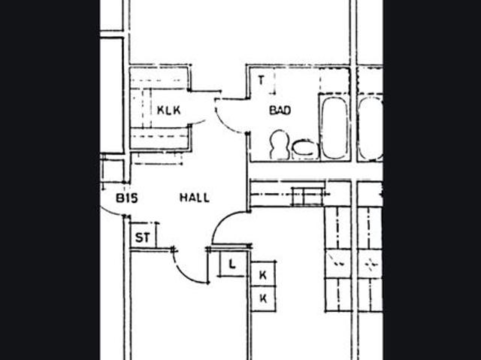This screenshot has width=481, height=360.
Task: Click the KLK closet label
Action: tap(168, 110)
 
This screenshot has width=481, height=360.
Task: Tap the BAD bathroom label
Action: tap(280, 110)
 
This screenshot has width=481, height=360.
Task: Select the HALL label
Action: tap(195, 198)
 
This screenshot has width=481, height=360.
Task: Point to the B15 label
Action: tap(127, 198)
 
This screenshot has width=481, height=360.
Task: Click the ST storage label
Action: tap(143, 237)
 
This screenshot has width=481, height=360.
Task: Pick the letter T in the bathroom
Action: tap(261, 80)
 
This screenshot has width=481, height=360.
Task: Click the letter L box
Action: tap(233, 264)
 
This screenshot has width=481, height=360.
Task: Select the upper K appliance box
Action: tap(263, 274)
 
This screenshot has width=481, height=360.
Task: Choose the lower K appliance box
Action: tap(263, 298)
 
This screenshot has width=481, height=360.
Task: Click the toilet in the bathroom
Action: tap(279, 145)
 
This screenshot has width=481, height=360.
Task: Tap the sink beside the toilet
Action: tap(304, 149)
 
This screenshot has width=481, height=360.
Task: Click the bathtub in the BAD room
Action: tap(335, 128)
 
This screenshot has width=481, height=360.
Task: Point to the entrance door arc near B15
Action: tap(110, 212)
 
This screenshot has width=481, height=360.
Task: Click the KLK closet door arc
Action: tap(198, 123)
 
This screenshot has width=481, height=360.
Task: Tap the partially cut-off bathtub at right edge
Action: tap(371, 129)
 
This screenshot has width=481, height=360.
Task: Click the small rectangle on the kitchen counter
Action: tap(307, 196)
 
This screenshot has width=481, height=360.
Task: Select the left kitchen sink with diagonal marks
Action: tap(338, 263)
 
